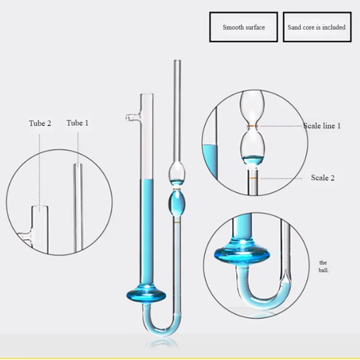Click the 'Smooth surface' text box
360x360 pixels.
coord(243,27)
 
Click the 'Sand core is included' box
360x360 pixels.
coord(316,27)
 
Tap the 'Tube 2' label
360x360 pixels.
coord(40,123)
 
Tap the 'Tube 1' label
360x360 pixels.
coord(77,123)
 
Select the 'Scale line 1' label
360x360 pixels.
coord(322,126)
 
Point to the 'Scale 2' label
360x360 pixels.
coord(323,178)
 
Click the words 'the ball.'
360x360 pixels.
coord(324,266)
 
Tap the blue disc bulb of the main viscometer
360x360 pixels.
coord(146,295)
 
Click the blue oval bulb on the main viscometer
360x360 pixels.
coord(177,203)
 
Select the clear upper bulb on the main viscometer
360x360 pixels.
coord(177,172)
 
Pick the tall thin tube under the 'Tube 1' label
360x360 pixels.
coord(78,207)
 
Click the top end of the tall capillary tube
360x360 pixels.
coord(177,62)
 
